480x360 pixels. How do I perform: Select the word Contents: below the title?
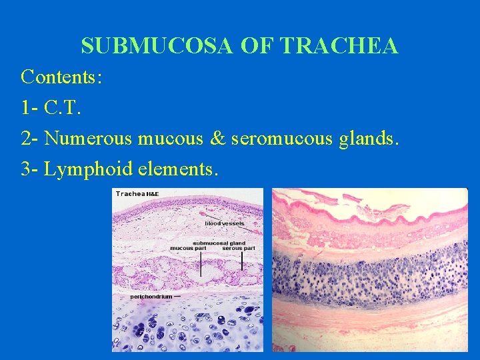pyautogui.click(x=61, y=77)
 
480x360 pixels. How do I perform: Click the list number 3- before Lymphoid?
pyautogui.click(x=31, y=169)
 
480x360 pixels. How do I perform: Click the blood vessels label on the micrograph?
pyautogui.click(x=224, y=223)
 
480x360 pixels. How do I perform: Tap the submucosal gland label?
pyautogui.click(x=219, y=243)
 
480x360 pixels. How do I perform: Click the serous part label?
pyautogui.click(x=239, y=249)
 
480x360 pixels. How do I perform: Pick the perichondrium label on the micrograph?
pyautogui.click(x=151, y=296)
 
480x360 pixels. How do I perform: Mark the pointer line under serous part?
pyautogui.click(x=241, y=261)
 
